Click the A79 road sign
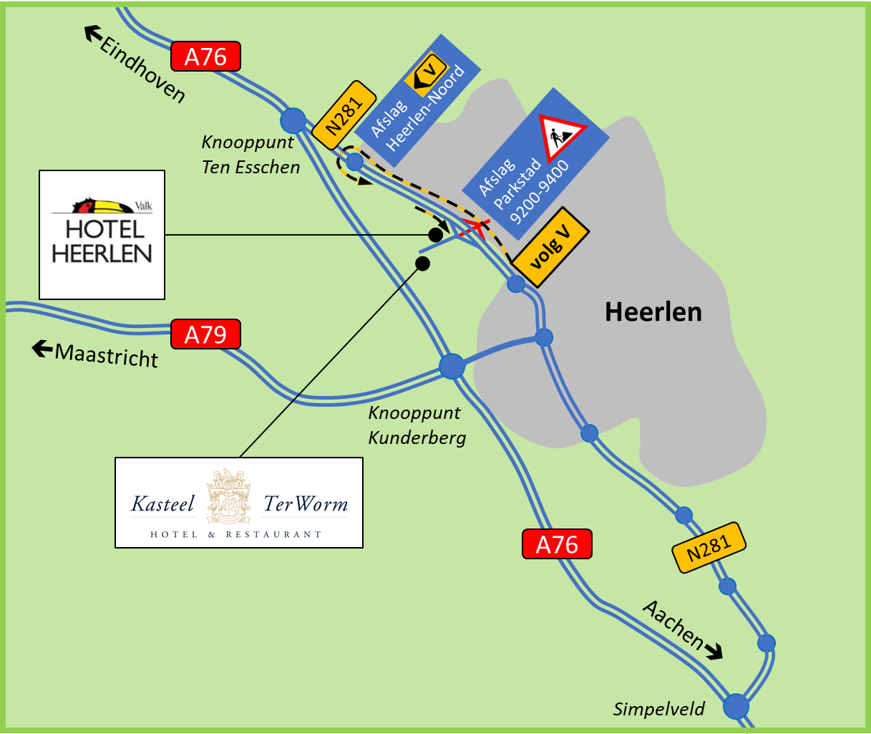tap(205, 334)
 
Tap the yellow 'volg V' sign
tap(551, 248)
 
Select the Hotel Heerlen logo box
tap(102, 235)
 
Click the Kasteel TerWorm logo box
tap(239, 503)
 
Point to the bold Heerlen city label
tap(653, 312)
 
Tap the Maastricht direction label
tap(106, 354)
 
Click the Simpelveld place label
tap(658, 709)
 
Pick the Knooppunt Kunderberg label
tap(417, 425)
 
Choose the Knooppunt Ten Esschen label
tap(250, 155)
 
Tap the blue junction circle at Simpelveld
tap(736, 706)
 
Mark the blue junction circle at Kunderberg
tap(452, 366)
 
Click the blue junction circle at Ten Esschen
tap(293, 120)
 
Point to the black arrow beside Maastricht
tap(42, 349)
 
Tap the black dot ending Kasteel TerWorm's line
tap(423, 264)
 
